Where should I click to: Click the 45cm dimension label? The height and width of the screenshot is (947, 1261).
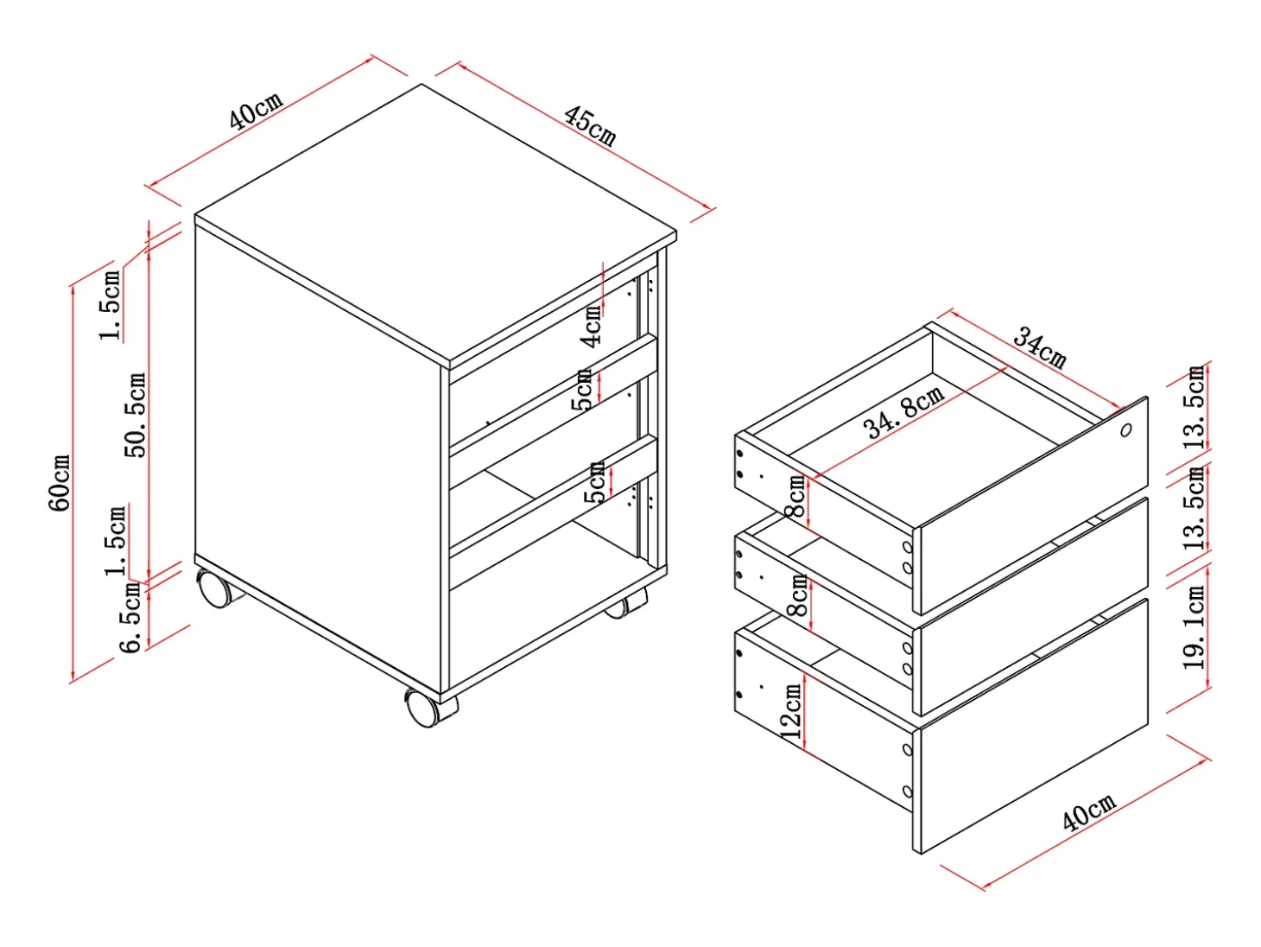(589, 126)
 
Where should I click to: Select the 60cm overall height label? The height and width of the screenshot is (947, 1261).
(60, 483)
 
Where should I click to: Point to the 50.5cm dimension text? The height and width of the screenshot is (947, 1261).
(136, 415)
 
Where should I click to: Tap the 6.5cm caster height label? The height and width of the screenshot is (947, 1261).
(131, 618)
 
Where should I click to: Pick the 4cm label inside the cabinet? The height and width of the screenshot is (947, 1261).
(592, 326)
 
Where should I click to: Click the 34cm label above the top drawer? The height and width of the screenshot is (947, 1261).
(1039, 346)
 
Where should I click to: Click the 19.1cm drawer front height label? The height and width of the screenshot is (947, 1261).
(1194, 627)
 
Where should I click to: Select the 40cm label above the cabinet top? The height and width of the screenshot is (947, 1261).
(257, 111)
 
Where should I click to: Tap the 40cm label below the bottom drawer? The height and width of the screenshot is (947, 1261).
(1088, 812)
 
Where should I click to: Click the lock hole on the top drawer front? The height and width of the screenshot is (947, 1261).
(1125, 430)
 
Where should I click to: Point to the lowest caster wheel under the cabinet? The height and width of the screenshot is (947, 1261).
(431, 708)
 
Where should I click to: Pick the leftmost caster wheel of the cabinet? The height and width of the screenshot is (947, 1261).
(219, 588)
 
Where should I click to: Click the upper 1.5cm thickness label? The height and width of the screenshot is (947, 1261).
(111, 304)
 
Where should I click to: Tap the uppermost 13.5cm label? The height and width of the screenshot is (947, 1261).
(1194, 408)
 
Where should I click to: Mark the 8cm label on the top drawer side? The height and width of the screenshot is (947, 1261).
(797, 495)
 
